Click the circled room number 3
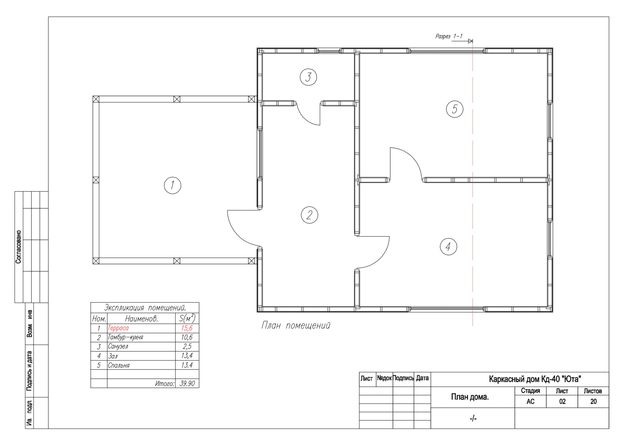[308, 77]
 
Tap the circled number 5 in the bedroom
[454, 109]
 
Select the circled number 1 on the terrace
[173, 185]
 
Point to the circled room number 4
[448, 246]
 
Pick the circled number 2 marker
[309, 214]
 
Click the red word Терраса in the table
[118, 328]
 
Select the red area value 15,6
[187, 328]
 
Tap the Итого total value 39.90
[187, 383]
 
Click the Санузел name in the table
[118, 346]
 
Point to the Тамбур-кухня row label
[125, 337]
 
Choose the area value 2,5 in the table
[187, 346]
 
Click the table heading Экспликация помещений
[145, 308]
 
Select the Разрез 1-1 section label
[448, 36]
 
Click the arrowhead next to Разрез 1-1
[470, 41]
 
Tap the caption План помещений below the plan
[296, 325]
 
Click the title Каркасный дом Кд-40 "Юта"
[535, 379]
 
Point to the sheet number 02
[562, 402]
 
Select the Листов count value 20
[593, 402]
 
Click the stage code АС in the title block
[530, 402]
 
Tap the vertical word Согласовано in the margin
[18, 246]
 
